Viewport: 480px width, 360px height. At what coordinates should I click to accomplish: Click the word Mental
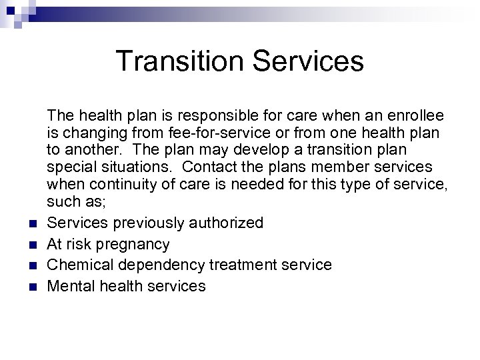click(x=73, y=287)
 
